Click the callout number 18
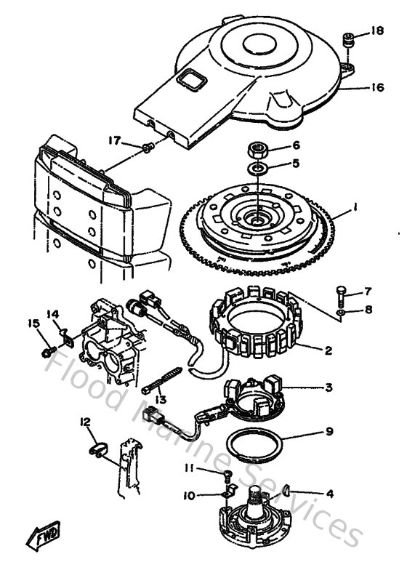click(376, 31)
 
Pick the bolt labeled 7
click(341, 294)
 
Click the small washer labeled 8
click(341, 313)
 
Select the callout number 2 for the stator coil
click(328, 350)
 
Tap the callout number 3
click(329, 387)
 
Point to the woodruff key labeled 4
click(286, 490)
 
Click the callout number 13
click(160, 399)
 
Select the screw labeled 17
click(148, 148)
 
